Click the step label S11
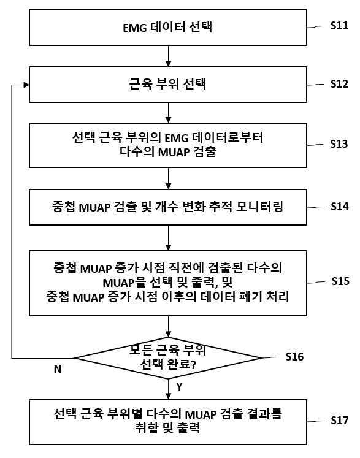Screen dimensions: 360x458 339,26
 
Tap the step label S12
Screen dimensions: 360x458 339,84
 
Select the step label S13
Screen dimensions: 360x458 339,144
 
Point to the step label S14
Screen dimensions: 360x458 340,207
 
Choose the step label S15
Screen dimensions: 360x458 340,281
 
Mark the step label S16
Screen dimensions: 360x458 294,357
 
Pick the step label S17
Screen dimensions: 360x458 340,421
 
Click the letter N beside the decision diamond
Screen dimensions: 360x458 58,369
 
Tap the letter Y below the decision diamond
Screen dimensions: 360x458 179,387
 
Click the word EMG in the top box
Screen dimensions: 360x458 135,28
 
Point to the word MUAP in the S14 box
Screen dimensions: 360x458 94,207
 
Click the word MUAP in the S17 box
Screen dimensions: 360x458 201,414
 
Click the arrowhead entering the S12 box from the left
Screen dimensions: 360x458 26,85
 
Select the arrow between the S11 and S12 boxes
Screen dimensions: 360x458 168,56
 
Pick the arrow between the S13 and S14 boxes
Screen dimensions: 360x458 168,178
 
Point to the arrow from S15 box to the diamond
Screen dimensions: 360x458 168,327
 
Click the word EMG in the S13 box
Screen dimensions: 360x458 177,138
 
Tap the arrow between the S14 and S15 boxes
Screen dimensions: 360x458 168,238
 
